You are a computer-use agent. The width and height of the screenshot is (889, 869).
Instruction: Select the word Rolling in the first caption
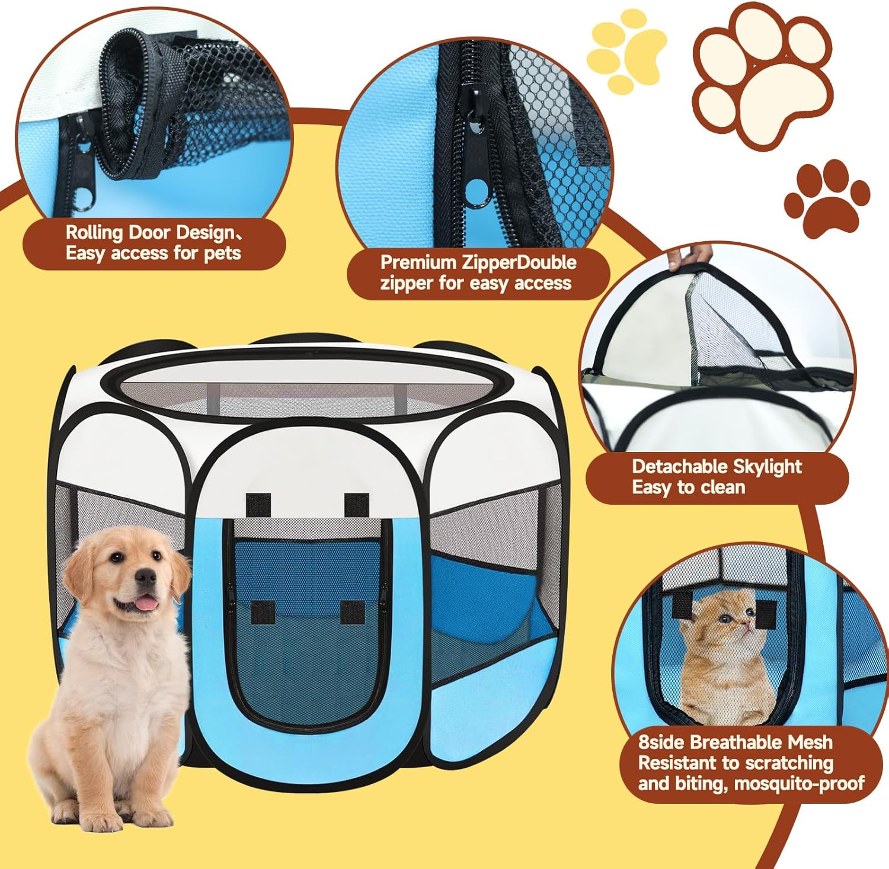click(x=92, y=233)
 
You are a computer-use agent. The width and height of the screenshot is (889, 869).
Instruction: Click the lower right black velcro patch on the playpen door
click(x=353, y=612)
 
